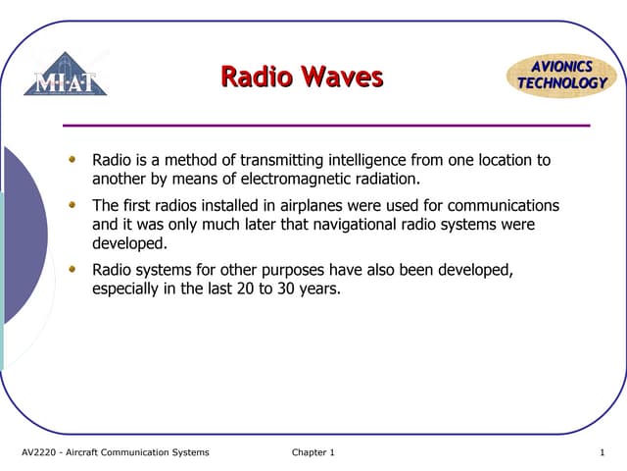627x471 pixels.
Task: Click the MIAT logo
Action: [x=66, y=76]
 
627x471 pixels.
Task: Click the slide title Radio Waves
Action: [x=302, y=77]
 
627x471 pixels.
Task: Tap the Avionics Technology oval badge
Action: [x=561, y=76]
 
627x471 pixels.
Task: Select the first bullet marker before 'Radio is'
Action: [x=72, y=158]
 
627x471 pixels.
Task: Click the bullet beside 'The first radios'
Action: [x=72, y=204]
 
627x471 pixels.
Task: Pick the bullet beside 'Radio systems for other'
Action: [x=72, y=268]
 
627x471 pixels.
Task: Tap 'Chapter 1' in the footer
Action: [x=313, y=452]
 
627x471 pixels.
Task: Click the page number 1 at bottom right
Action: [x=602, y=452]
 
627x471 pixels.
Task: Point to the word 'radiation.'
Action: [x=387, y=180]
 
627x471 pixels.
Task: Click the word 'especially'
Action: [x=128, y=289]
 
